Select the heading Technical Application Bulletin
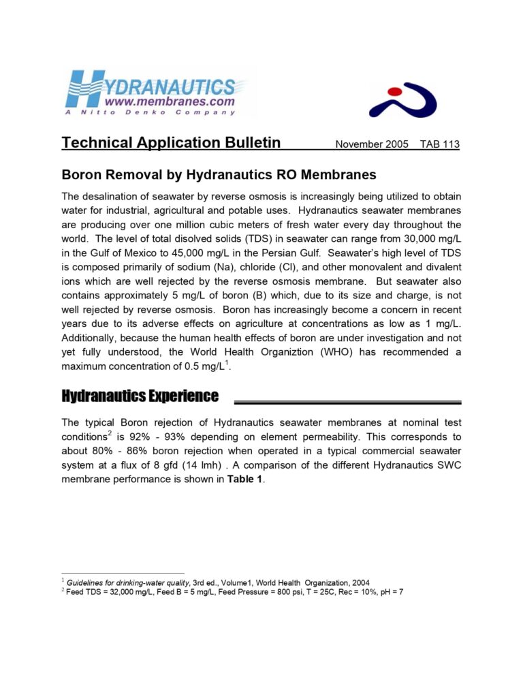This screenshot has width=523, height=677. pyautogui.click(x=171, y=143)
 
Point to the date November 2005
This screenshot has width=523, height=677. pyautogui.click(x=372, y=144)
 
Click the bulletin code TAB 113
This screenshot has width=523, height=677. pyautogui.click(x=440, y=144)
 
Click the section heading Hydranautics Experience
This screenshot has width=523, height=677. pyautogui.click(x=140, y=396)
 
